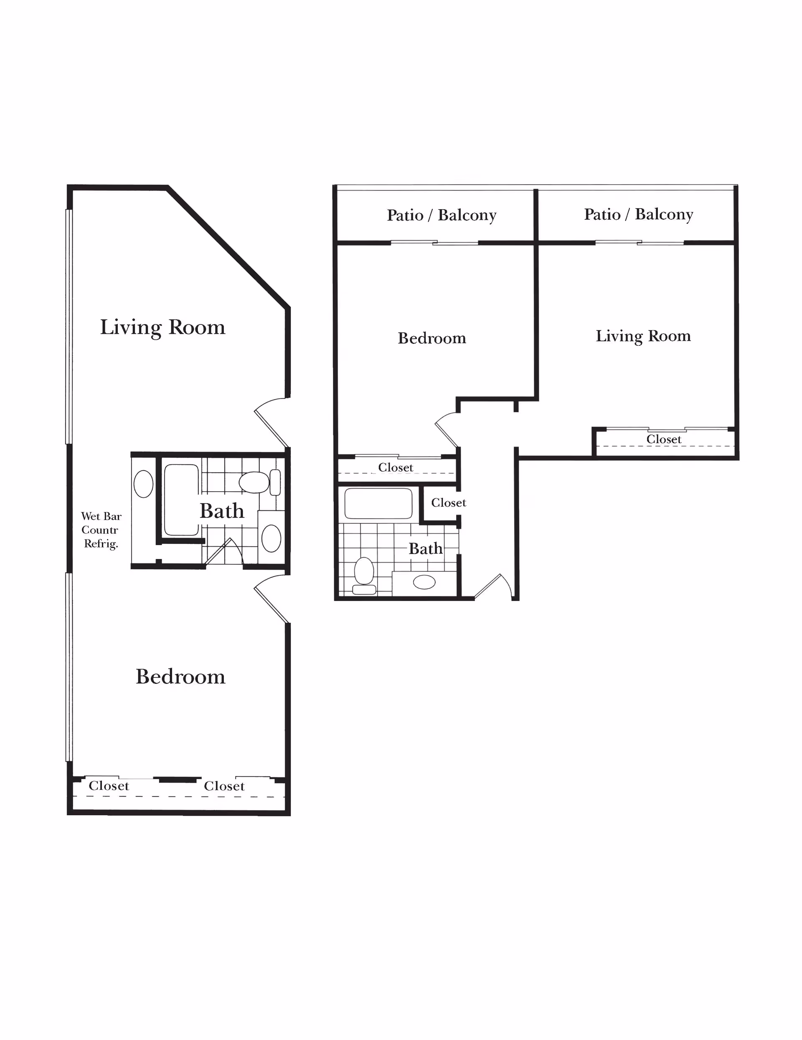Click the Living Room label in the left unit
click(x=162, y=327)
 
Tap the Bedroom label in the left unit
click(x=180, y=677)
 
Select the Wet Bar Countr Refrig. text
click(x=101, y=530)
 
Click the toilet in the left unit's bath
click(x=254, y=482)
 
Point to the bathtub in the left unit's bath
click(x=181, y=500)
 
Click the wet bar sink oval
click(x=143, y=483)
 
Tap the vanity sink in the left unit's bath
click(x=272, y=538)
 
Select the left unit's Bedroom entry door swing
click(x=272, y=600)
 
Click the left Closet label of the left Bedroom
click(x=109, y=786)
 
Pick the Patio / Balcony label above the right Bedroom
click(x=442, y=215)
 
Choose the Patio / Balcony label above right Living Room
click(x=638, y=214)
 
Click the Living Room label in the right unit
click(x=643, y=336)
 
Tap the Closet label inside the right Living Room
click(x=663, y=439)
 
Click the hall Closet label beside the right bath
click(x=448, y=503)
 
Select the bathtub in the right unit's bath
click(x=378, y=503)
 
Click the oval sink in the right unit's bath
click(x=424, y=582)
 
